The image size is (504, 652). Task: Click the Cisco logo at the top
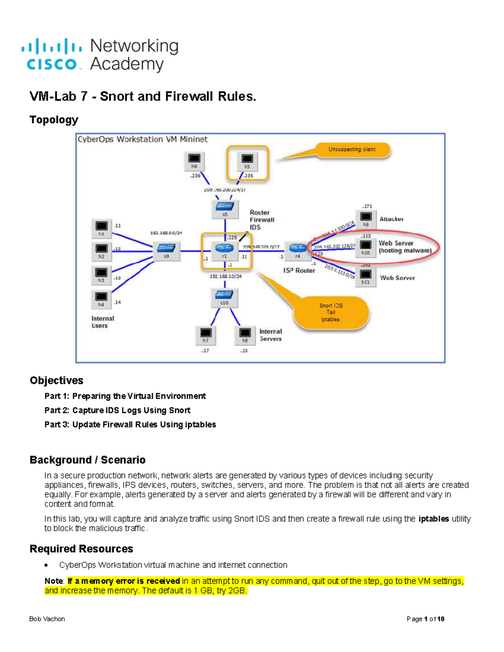click(51, 55)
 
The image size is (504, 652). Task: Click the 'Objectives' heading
click(56, 380)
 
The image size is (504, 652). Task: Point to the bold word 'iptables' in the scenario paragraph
click(433, 519)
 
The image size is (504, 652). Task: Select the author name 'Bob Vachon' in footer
click(47, 619)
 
